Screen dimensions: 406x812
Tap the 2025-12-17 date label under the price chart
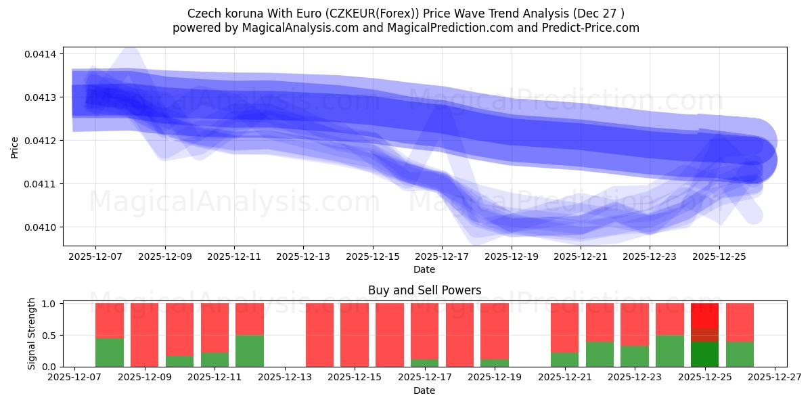tap(442, 257)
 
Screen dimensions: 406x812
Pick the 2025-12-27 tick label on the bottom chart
tap(774, 378)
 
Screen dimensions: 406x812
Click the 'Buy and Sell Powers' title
tap(424, 290)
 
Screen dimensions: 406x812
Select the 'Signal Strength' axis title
tap(31, 334)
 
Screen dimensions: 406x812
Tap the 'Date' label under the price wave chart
tap(424, 269)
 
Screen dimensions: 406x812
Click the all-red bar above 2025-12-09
tap(144, 335)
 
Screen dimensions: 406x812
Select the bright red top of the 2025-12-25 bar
tap(704, 315)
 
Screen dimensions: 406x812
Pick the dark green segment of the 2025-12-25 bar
tap(704, 354)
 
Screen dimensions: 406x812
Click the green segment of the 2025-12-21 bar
tap(564, 359)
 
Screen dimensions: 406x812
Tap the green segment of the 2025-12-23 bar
tap(634, 356)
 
